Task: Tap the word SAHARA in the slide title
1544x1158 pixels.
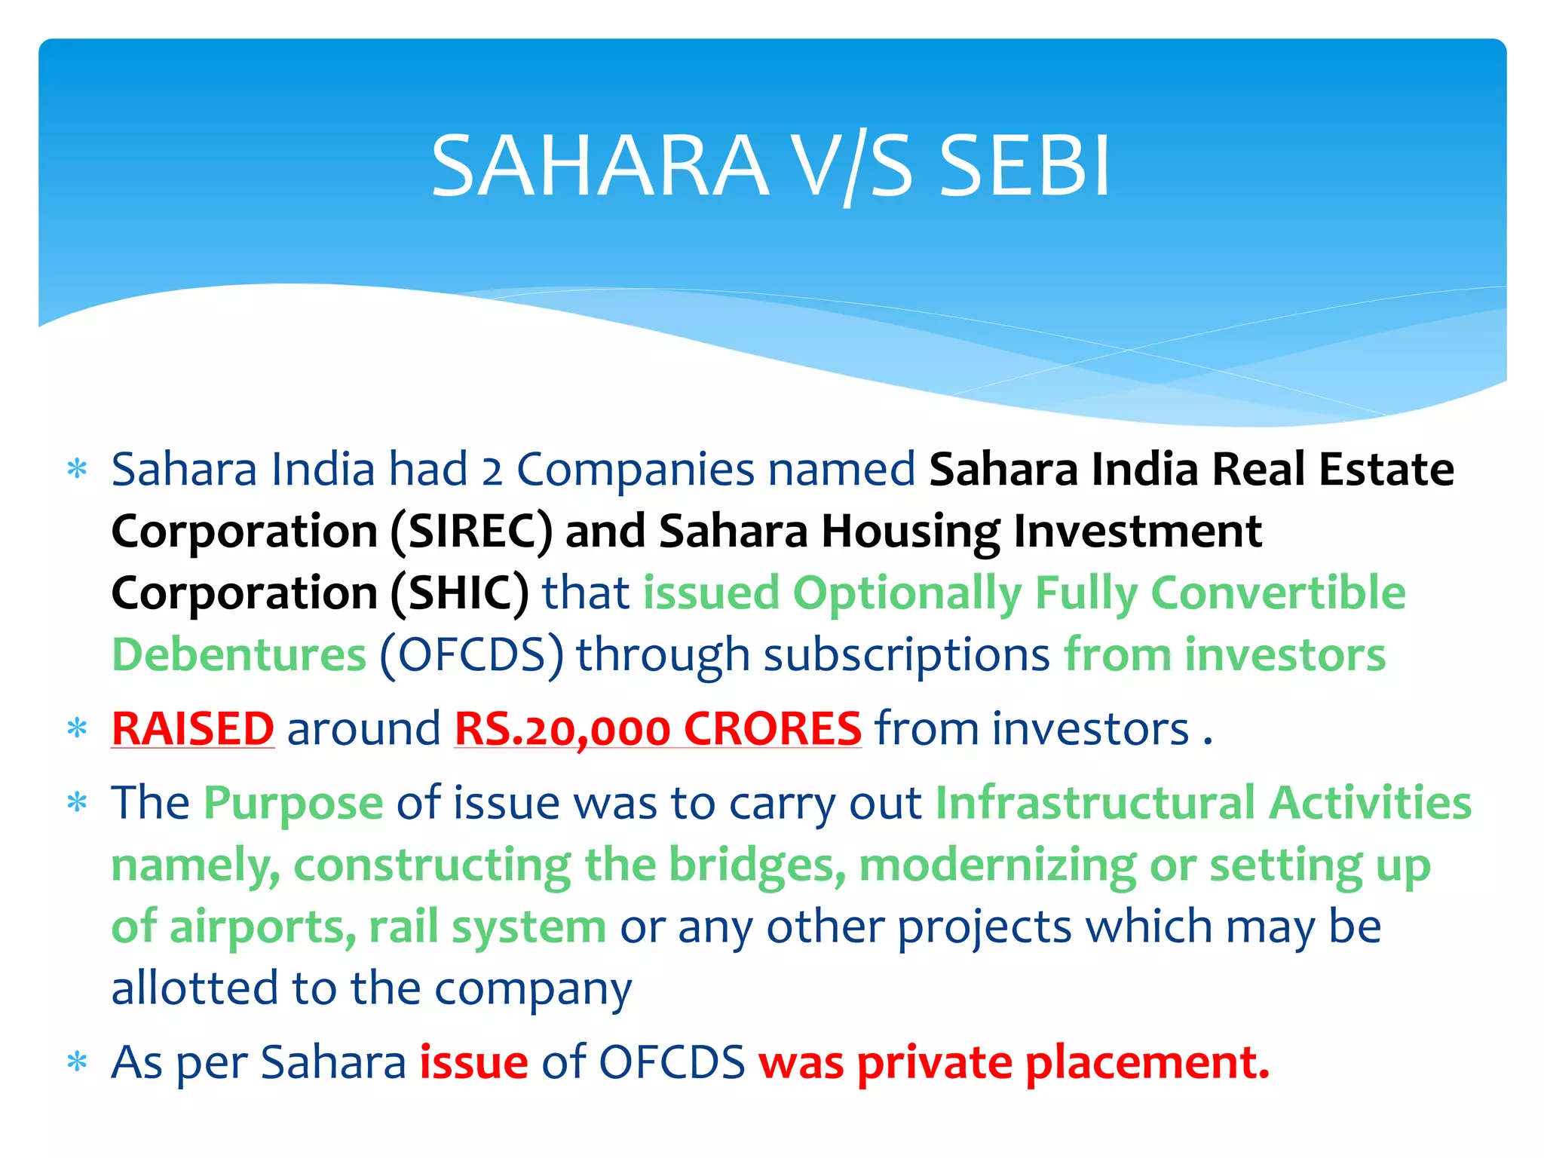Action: coord(599,166)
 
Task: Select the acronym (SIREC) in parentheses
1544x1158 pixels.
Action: coord(471,531)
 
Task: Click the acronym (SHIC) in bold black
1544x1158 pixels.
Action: coord(460,593)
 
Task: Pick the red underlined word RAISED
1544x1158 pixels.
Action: coord(193,729)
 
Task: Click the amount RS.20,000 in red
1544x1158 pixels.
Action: coord(562,729)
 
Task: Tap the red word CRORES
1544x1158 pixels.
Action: coord(773,729)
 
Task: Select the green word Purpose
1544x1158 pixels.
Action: coord(293,804)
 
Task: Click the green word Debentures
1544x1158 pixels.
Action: coord(239,654)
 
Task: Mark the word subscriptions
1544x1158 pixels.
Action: coord(907,656)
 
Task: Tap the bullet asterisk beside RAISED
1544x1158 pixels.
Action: coord(77,729)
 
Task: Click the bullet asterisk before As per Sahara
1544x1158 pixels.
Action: coord(77,1063)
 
